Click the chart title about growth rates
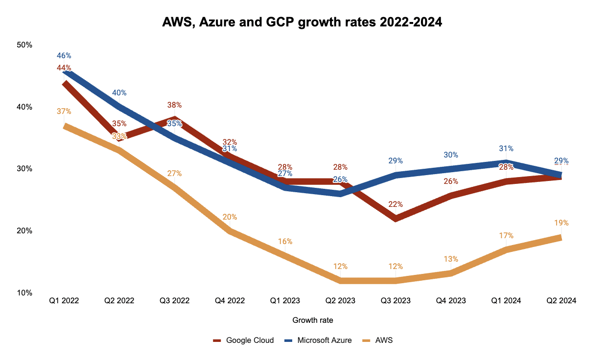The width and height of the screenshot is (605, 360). click(302, 22)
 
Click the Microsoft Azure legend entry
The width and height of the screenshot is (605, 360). click(318, 340)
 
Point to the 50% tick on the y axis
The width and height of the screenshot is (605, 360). click(24, 45)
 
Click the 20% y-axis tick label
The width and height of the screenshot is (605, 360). click(24, 231)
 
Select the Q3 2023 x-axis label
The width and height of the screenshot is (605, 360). click(396, 301)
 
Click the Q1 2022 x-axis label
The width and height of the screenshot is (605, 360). click(64, 301)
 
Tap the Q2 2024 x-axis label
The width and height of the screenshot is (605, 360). click(561, 301)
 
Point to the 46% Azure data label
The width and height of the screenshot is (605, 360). click(64, 56)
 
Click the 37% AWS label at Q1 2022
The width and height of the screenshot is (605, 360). click(64, 112)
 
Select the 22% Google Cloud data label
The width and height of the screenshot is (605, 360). click(396, 204)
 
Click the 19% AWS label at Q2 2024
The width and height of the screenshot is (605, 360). click(561, 223)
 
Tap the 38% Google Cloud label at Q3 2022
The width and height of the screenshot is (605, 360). click(174, 105)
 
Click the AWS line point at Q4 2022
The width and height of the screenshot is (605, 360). click(230, 231)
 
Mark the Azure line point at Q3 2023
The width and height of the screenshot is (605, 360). click(396, 175)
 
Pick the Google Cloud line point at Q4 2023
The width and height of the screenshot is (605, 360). click(451, 196)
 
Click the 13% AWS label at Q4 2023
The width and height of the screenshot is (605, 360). click(451, 259)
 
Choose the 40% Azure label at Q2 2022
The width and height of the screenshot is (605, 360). click(119, 93)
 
